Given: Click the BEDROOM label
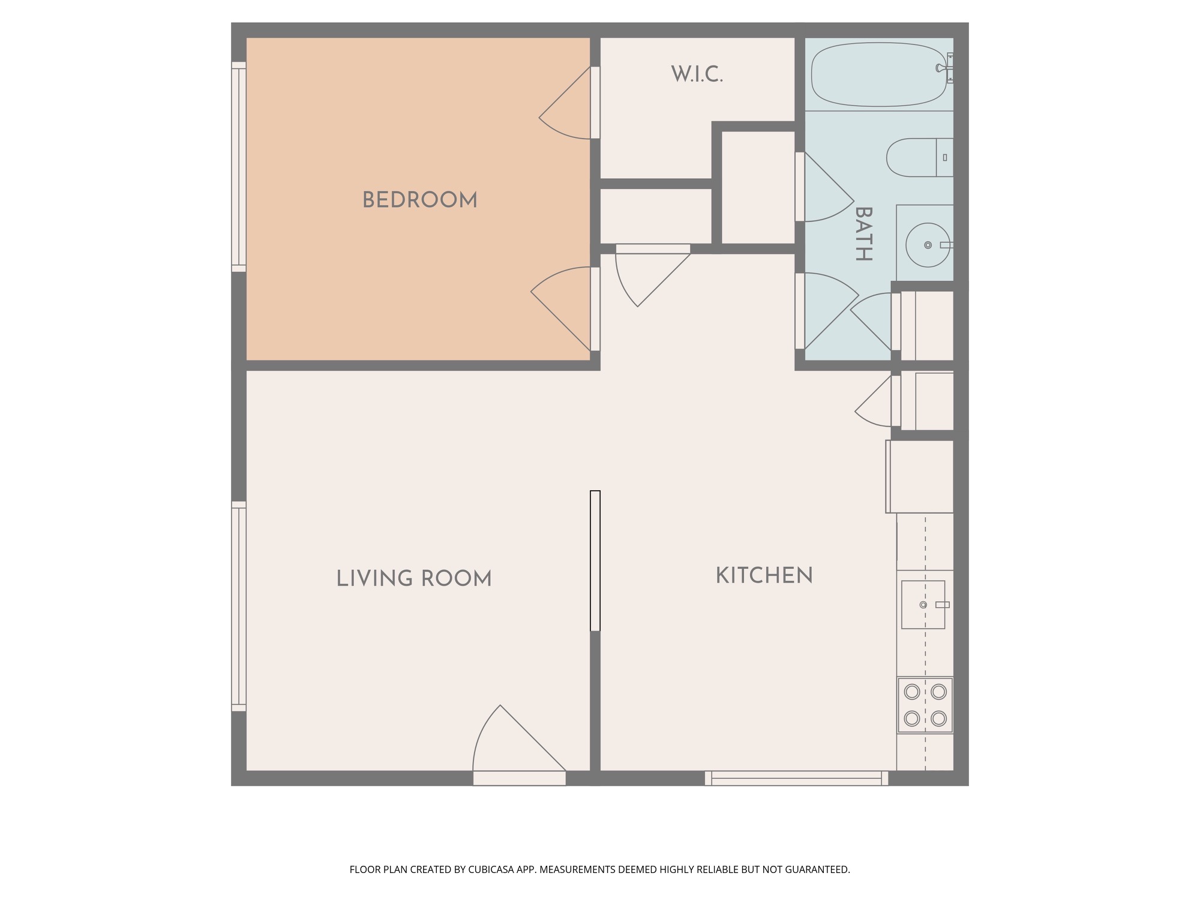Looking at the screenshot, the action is [x=420, y=200].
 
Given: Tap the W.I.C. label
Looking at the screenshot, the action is [x=697, y=74].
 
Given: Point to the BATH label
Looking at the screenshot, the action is [x=863, y=233].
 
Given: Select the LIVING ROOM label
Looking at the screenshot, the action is [x=414, y=578].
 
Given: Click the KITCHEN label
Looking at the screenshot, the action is [x=764, y=575].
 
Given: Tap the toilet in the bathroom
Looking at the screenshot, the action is [x=920, y=157].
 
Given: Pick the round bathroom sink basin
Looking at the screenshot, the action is [x=928, y=245].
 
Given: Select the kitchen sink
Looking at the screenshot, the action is [x=923, y=604].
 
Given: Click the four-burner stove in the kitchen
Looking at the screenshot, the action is [x=925, y=705].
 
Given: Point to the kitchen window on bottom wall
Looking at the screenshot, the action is [x=796, y=778].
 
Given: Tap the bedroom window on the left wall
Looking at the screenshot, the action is [x=239, y=167].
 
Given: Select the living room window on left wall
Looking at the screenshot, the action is [x=239, y=606].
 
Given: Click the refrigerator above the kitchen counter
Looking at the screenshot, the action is [x=920, y=476].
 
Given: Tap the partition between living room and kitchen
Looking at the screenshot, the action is [x=595, y=561].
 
